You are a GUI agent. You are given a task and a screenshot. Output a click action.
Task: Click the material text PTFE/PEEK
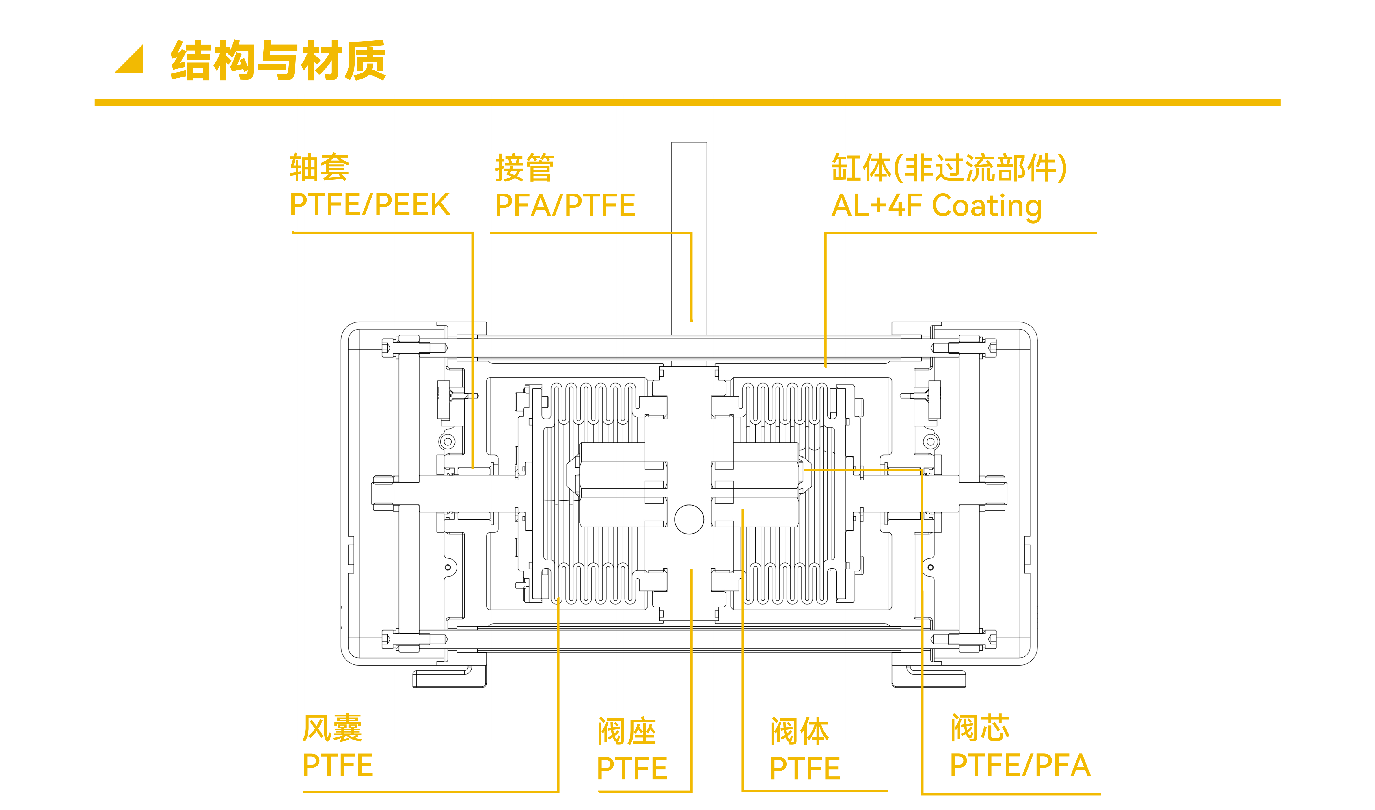point(370,205)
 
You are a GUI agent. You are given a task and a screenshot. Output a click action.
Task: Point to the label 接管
point(524,168)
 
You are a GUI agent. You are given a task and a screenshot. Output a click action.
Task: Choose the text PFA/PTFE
point(565,205)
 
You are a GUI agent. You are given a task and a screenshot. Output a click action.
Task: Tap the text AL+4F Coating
point(936,206)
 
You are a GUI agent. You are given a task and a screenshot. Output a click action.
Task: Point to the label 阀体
point(799,731)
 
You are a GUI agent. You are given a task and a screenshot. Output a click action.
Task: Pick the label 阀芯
point(980,728)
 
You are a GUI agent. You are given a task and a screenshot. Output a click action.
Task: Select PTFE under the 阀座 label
point(632,768)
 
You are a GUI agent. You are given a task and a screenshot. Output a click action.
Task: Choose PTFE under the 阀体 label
point(804,768)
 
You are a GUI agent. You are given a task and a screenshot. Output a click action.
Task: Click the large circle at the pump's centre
point(689,519)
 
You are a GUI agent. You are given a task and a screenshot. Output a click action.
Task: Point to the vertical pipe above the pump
point(689,235)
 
